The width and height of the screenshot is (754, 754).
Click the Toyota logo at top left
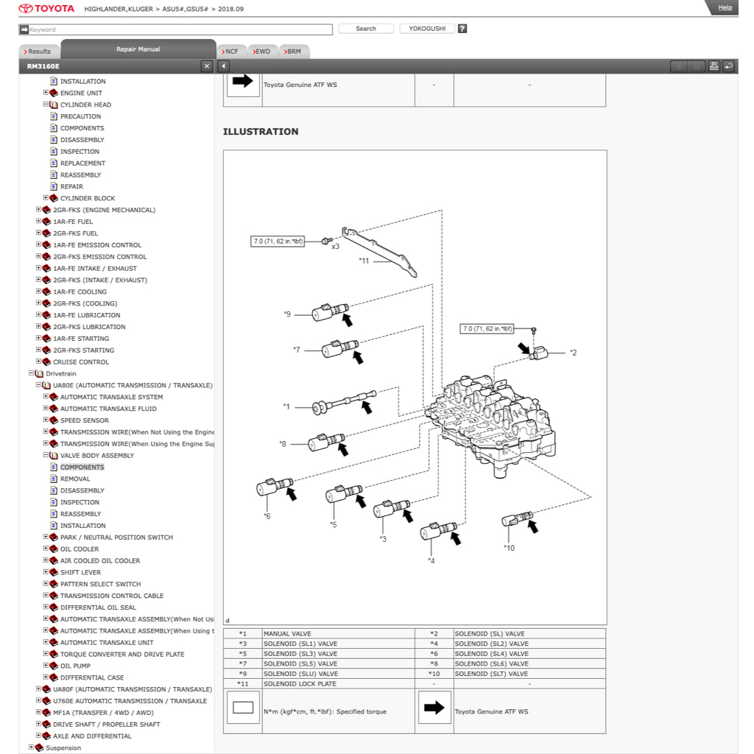(x=46, y=9)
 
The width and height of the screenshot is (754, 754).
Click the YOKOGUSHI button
(x=427, y=29)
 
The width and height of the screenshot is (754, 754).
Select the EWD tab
(x=261, y=52)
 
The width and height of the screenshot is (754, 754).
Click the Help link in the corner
(x=725, y=7)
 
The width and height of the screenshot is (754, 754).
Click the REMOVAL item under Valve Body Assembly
(x=75, y=479)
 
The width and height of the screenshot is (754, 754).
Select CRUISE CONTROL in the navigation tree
(x=80, y=362)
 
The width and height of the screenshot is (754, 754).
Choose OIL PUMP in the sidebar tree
(x=75, y=666)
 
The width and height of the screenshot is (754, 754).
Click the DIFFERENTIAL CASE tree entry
(x=91, y=677)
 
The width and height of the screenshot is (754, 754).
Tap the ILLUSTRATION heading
(x=261, y=132)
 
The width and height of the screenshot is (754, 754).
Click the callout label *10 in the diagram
(x=509, y=548)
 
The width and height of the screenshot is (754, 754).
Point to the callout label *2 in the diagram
(x=572, y=353)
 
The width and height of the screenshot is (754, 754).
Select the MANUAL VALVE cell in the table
(x=287, y=633)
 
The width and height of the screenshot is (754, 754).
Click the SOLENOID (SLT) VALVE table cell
(x=491, y=674)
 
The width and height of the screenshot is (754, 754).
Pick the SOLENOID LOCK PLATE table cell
(x=300, y=684)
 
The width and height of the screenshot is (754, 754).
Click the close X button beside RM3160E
(x=206, y=66)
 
